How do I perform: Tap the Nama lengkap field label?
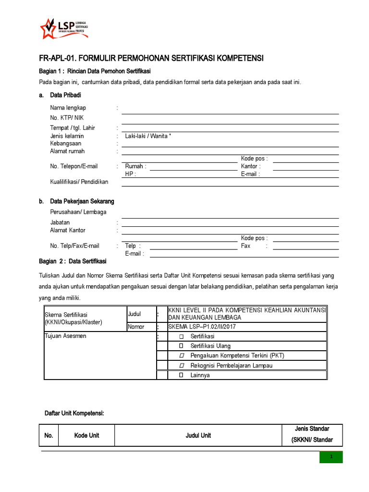coord(68,108)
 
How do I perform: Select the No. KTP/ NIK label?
coord(70,118)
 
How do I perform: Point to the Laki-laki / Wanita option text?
coord(148,136)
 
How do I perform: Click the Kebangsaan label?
coord(66,143)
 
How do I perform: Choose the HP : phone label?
coord(130,174)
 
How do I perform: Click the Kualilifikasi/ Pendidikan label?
coord(79,182)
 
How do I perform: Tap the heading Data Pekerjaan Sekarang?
coord(82,201)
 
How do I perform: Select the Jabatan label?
coord(60,222)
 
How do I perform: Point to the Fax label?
coord(246,246)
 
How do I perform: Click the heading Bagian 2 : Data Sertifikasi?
coord(72,261)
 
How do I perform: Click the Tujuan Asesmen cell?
coord(65,336)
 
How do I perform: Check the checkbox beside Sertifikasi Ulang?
coord(181,345)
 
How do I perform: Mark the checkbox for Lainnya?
coord(181,375)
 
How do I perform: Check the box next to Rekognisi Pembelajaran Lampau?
coord(181,365)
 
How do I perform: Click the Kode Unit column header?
coord(87,435)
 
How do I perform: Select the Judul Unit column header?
coord(198,435)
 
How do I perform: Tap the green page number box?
coord(331,457)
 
